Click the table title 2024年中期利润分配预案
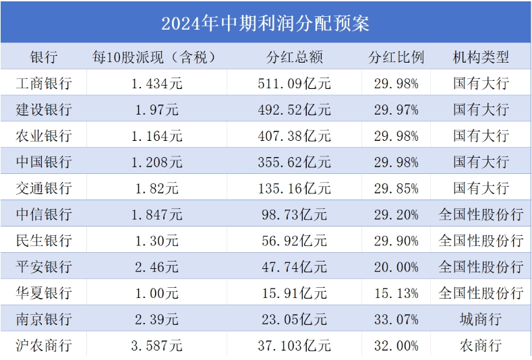tap(265, 23)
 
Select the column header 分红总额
tap(294, 57)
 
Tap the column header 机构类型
tap(481, 57)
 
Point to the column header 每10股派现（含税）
tap(156, 57)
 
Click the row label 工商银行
tap(44, 84)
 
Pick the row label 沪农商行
tap(44, 346)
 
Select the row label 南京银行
tap(44, 320)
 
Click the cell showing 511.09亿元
tap(294, 84)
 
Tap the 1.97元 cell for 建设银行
tap(156, 110)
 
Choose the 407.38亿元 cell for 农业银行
tap(294, 136)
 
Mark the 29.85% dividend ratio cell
tap(396, 189)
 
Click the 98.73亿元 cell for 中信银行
tap(294, 215)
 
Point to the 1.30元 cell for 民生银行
tap(156, 241)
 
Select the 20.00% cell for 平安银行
tap(396, 267)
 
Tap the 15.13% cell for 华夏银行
tap(396, 293)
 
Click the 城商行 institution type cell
tap(481, 320)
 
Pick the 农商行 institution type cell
tap(481, 346)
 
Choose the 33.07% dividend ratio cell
tap(396, 320)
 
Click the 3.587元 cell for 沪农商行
tap(156, 346)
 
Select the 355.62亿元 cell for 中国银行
tap(294, 162)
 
